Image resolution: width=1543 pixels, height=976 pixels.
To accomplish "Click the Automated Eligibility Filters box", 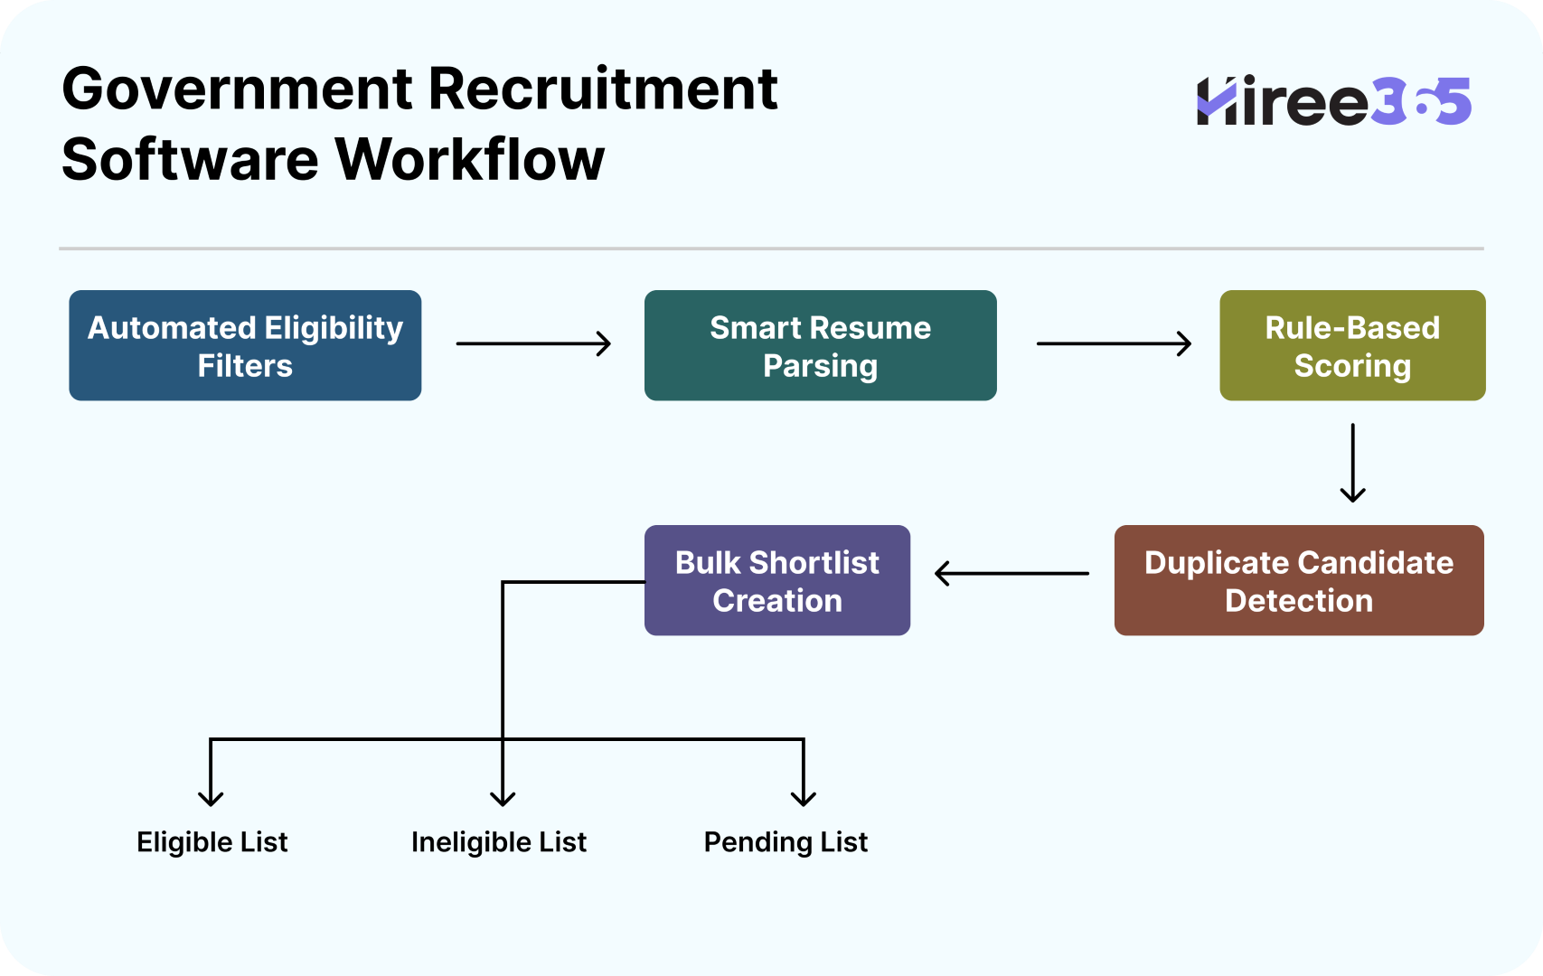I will pyautogui.click(x=245, y=345).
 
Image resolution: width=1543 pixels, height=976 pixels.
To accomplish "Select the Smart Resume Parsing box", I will pyautogui.click(x=820, y=345).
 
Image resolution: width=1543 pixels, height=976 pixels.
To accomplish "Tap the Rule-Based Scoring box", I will pyautogui.click(x=1351, y=345).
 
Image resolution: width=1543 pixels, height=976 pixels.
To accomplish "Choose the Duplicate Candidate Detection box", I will pyautogui.click(x=1298, y=580).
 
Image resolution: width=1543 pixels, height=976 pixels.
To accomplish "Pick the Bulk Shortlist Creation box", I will pyautogui.click(x=776, y=580).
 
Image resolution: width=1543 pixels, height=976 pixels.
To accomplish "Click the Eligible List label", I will pyautogui.click(x=212, y=842).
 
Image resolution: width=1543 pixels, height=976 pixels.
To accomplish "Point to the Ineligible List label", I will pyautogui.click(x=498, y=842).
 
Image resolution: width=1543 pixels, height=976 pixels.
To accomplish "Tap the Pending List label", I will pyautogui.click(x=785, y=842).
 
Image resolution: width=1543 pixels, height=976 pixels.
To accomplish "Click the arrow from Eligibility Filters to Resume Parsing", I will pyautogui.click(x=533, y=343).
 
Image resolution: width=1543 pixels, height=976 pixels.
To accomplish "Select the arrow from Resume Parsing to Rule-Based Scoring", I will pyautogui.click(x=1114, y=343).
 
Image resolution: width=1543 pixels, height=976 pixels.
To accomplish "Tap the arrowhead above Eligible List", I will pyautogui.click(x=211, y=797).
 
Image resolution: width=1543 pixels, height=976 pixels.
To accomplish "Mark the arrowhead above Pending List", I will pyautogui.click(x=803, y=797).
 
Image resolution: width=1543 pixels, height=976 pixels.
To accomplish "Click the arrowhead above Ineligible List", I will pyautogui.click(x=503, y=797).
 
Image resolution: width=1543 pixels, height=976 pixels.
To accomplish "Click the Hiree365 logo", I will pyautogui.click(x=1333, y=101).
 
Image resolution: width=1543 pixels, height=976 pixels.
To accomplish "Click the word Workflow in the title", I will pyautogui.click(x=469, y=160).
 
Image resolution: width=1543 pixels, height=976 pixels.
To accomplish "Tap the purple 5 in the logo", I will pyautogui.click(x=1452, y=101).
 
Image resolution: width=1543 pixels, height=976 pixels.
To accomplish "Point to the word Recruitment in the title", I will pyautogui.click(x=602, y=89).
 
